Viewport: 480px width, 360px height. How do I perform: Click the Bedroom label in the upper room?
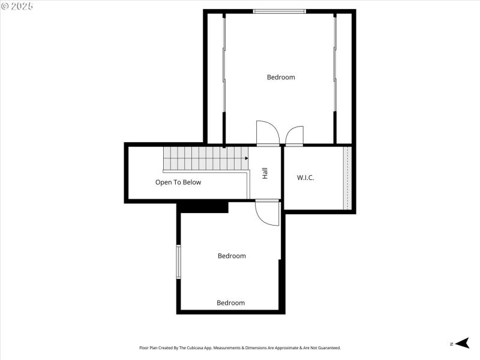point(281,77)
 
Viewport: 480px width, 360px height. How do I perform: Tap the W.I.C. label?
point(305,178)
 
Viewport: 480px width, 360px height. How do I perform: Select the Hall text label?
point(265,173)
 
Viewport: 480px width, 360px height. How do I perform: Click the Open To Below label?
point(178,182)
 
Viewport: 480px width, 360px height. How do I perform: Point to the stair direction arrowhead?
point(246,158)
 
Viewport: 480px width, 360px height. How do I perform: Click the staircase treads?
point(204,158)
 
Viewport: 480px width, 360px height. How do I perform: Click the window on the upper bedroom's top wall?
point(279,11)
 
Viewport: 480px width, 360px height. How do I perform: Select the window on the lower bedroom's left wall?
point(178,262)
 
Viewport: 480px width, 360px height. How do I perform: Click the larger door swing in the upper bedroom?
point(267,133)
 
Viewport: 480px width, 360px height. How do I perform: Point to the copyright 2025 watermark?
point(17,5)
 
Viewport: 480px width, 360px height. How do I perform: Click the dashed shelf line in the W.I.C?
point(346,178)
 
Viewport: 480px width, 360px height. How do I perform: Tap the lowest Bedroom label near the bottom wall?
point(231,303)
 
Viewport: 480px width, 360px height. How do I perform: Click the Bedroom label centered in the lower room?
point(232,256)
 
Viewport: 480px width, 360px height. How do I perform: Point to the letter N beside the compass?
point(451,344)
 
